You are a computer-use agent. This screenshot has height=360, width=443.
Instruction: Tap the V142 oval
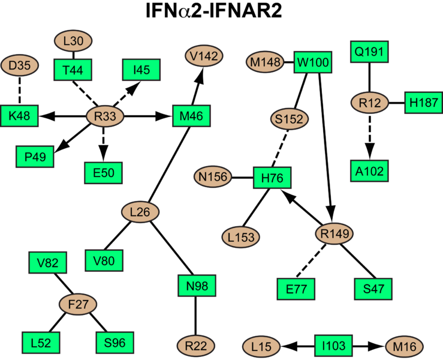point(204,56)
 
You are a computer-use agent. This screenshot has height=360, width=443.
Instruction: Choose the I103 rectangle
point(334,346)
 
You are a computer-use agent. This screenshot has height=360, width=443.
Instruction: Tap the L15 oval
point(263,346)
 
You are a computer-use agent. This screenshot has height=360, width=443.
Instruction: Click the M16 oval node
point(404,346)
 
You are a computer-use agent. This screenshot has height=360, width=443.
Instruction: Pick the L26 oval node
point(140,211)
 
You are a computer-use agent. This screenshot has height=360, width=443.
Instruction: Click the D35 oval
point(20,64)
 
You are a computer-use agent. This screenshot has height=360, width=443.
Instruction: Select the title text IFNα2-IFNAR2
point(221,13)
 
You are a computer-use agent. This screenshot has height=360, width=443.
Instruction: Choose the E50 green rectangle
point(103,173)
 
